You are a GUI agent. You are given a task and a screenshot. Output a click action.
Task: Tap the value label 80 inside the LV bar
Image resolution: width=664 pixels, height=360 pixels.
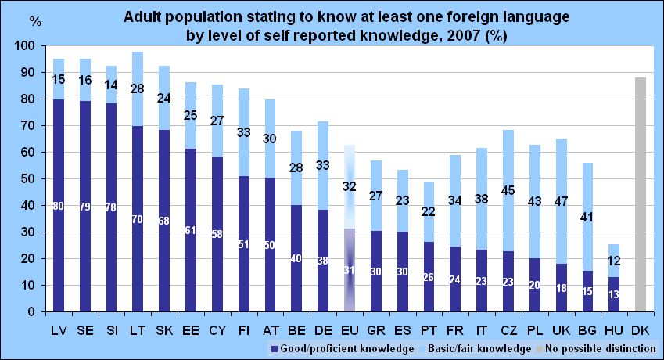click(59, 206)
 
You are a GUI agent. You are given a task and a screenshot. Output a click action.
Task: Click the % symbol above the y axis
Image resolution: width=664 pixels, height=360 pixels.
click(35, 21)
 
